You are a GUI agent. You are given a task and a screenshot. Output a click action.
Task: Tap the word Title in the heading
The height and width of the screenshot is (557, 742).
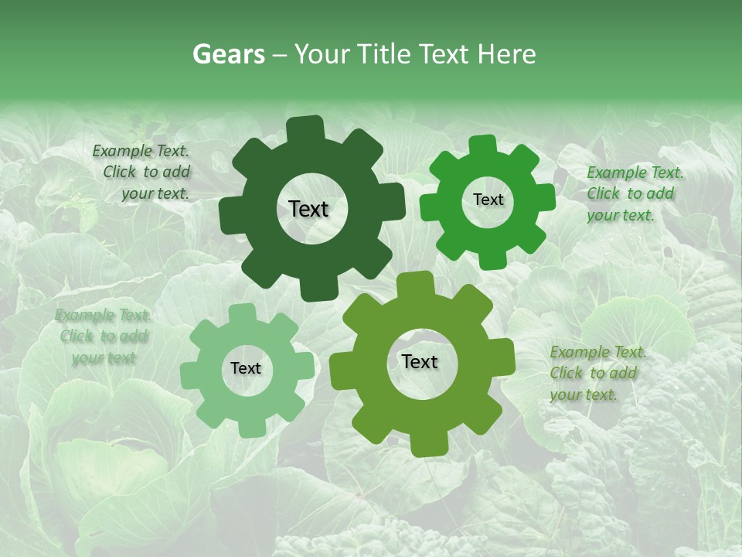383,54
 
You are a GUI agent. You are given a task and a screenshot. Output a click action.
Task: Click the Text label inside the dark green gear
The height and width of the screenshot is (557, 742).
308,209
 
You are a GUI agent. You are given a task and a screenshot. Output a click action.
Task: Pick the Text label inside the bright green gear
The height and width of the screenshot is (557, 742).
488,200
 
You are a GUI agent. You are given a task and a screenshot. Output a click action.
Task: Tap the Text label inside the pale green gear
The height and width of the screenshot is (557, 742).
246,368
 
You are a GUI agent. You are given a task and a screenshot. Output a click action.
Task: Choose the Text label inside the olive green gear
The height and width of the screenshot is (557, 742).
420,361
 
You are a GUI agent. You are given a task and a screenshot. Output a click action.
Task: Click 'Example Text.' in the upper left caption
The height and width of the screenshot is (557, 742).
141,151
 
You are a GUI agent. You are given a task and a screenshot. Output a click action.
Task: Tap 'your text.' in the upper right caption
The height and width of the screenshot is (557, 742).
620,215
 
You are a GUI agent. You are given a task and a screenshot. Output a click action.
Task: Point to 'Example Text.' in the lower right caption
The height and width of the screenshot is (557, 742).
598,352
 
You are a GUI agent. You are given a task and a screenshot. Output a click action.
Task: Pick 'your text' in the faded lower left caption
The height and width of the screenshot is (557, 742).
104,358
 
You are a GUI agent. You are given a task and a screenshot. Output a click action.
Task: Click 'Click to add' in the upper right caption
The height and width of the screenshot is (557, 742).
630,193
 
